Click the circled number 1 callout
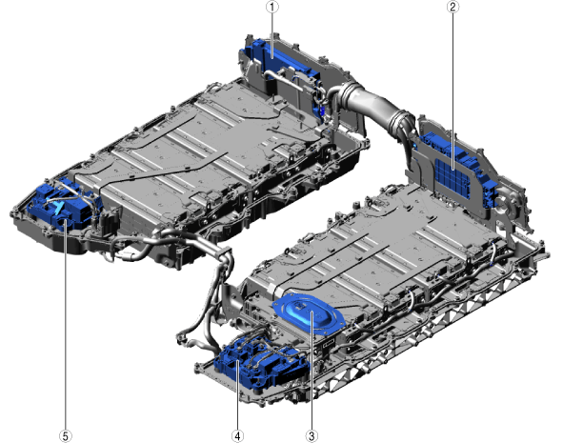pyautogui.click(x=272, y=7)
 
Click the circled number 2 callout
pyautogui.click(x=452, y=7)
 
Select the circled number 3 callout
pyautogui.click(x=312, y=435)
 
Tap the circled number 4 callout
pyautogui.click(x=237, y=435)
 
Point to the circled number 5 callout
pyautogui.click(x=66, y=435)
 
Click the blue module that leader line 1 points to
pyautogui.click(x=283, y=59)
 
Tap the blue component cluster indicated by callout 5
pyautogui.click(x=63, y=207)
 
